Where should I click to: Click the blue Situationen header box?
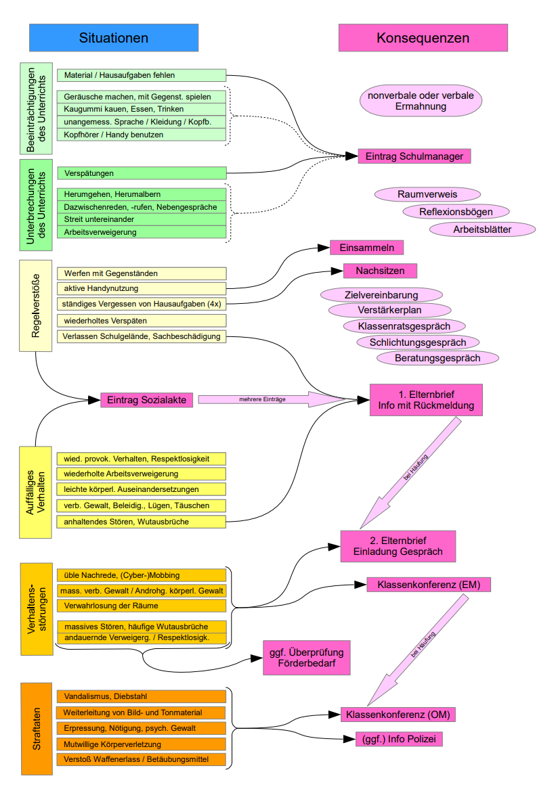pos(113,38)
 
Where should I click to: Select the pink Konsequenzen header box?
pos(423,38)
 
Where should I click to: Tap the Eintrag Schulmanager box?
pos(414,156)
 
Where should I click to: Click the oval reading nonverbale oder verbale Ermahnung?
pos(421,101)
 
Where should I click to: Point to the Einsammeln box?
pos(366,248)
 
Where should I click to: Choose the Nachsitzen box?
pos(380,271)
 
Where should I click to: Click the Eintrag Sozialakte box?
pos(146,400)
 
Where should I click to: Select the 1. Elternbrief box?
pos(426,400)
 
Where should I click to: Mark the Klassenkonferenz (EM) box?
pos(428,585)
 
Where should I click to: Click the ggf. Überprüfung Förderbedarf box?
pos(307,658)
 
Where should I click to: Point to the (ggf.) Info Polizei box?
pos(399,739)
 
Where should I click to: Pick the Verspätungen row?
pos(141,173)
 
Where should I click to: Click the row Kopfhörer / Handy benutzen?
pos(141,135)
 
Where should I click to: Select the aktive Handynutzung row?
pos(141,289)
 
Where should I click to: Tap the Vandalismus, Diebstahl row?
pos(140,696)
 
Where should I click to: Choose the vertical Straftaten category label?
pos(37,729)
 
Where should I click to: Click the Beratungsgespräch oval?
pos(438,357)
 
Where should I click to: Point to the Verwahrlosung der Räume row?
pos(140,605)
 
